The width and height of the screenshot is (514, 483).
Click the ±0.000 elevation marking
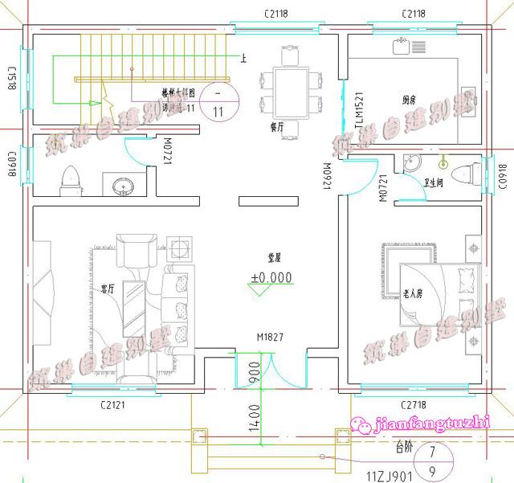(x=271, y=277)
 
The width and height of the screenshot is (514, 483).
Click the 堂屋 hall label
(x=275, y=258)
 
